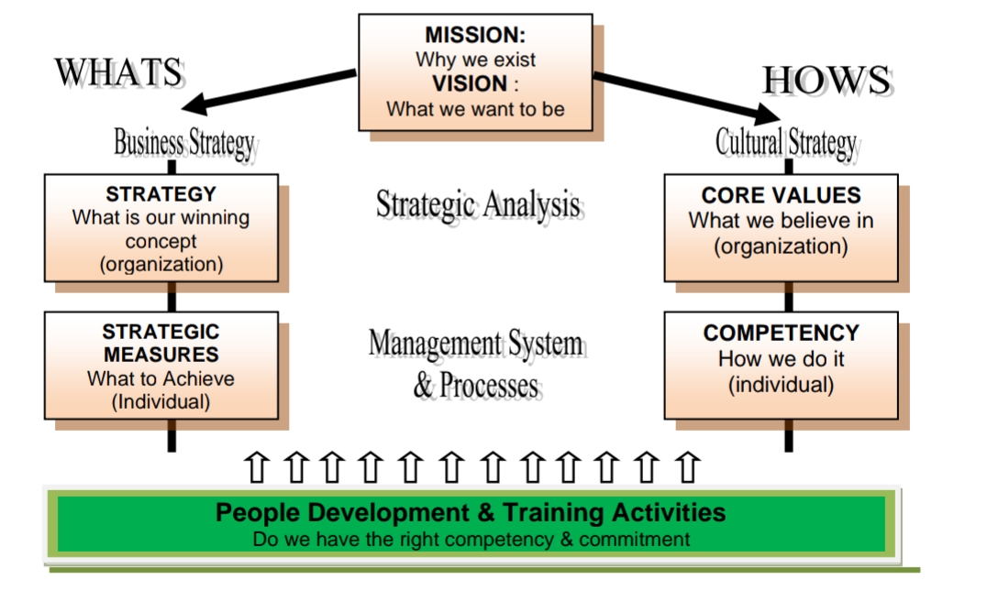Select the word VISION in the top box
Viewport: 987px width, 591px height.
pyautogui.click(x=470, y=83)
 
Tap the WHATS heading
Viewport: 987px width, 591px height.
pyautogui.click(x=119, y=72)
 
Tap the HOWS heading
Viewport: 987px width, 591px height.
pyautogui.click(x=827, y=81)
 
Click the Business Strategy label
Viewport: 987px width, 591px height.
pyautogui.click(x=184, y=143)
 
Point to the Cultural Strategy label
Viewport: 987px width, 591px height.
pyautogui.click(x=786, y=143)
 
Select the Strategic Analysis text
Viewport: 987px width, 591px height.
pyautogui.click(x=478, y=205)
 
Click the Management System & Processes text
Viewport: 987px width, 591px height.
pyautogui.click(x=478, y=364)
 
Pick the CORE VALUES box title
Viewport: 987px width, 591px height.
pyautogui.click(x=782, y=195)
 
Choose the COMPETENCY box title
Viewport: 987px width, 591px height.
pyautogui.click(x=782, y=334)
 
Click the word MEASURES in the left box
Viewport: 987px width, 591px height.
pyautogui.click(x=161, y=355)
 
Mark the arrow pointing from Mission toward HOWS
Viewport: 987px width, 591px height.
pyautogui.click(x=687, y=97)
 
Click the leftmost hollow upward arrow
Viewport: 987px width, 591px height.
pyautogui.click(x=256, y=467)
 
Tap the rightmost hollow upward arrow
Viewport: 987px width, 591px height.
pyautogui.click(x=687, y=467)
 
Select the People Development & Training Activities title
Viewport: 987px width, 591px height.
pyautogui.click(x=471, y=512)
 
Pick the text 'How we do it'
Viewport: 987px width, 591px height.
pyautogui.click(x=782, y=359)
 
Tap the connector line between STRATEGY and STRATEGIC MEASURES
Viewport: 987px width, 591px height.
pyautogui.click(x=172, y=297)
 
